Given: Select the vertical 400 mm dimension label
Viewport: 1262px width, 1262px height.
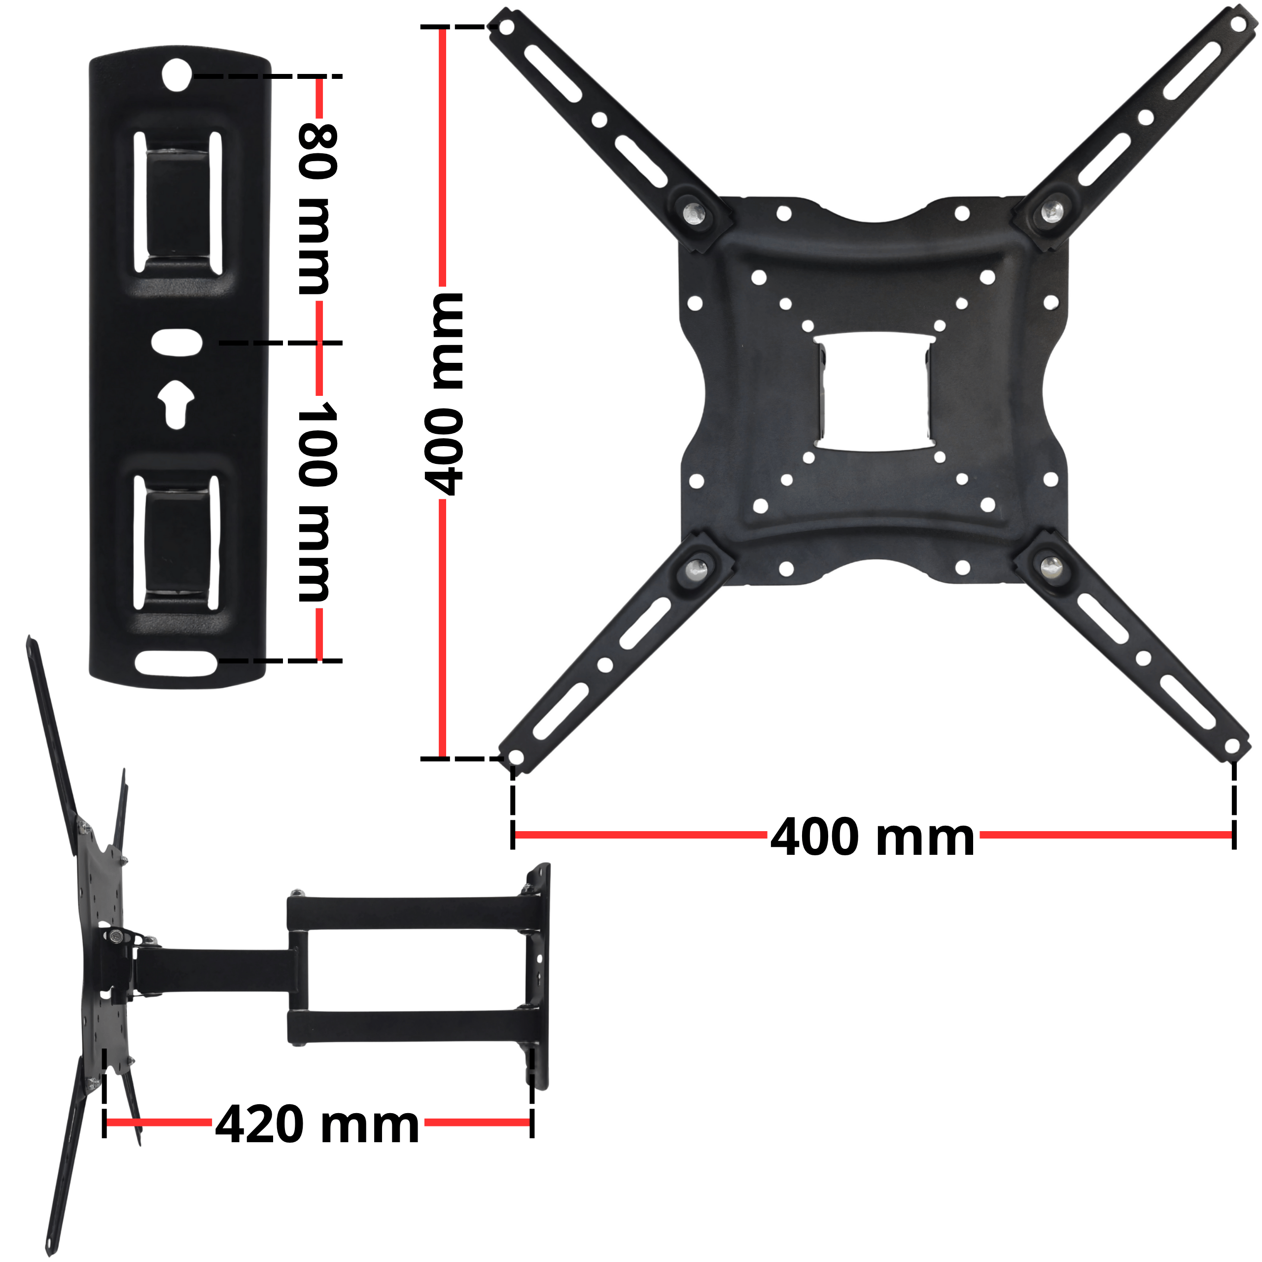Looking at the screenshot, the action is click(x=444, y=393).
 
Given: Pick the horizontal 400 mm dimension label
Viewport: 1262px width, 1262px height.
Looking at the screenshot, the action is click(x=873, y=837).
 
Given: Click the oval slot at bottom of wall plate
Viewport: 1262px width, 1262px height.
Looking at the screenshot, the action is click(x=176, y=663).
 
